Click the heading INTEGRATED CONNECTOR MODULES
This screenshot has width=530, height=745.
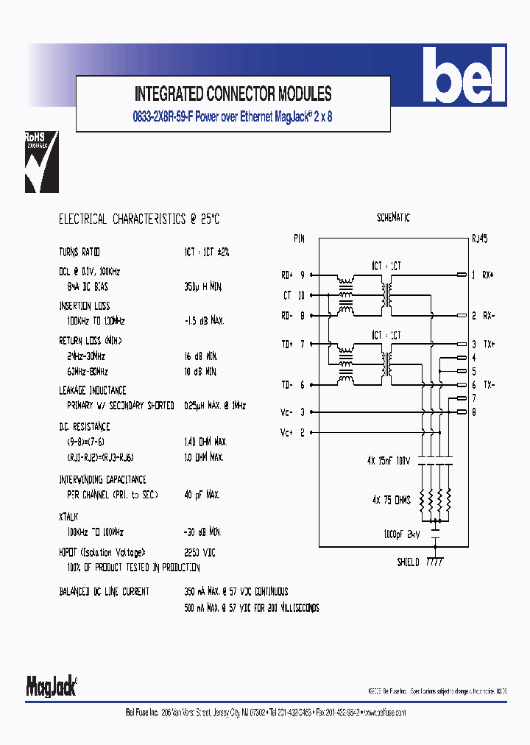233,94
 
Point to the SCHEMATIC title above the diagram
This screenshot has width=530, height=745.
393,218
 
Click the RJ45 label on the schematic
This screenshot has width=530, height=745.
479,239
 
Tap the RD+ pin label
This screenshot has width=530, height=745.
288,275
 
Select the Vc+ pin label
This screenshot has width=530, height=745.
288,432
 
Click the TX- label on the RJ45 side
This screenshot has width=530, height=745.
488,385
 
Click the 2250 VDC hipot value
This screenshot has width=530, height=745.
199,552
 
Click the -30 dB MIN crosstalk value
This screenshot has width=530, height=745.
202,532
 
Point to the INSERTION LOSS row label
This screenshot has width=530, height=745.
85,306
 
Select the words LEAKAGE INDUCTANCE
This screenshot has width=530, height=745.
93,390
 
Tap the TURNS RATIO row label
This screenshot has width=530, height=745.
79,252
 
